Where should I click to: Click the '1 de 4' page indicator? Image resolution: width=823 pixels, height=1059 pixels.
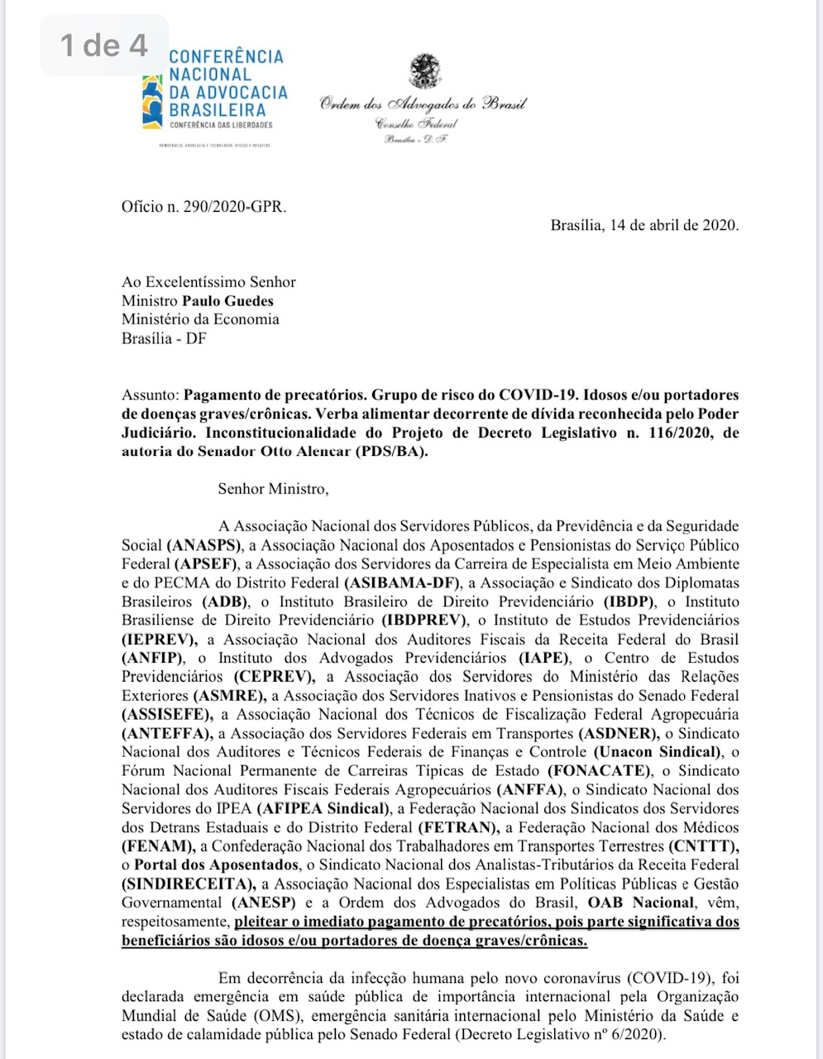103,45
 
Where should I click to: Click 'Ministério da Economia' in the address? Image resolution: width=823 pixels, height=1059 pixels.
200,319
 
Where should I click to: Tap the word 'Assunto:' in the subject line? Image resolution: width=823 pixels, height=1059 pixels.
150,395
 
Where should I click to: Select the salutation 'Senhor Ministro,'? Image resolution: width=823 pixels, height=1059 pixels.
273,489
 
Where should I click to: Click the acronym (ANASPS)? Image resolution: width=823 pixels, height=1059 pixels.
203,545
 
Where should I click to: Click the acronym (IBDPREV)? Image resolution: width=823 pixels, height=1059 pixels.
423,620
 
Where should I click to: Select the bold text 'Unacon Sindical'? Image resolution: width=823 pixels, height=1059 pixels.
657,752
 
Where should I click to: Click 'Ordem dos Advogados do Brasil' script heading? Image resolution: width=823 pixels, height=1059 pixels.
423,104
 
